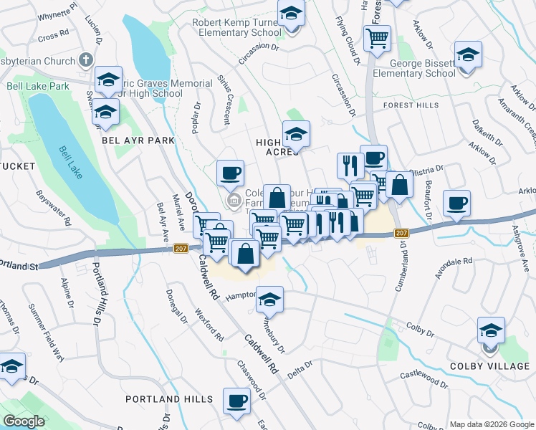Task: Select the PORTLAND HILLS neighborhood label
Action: (168, 398)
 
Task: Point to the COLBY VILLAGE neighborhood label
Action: (490, 366)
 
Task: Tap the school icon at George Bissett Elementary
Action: (468, 55)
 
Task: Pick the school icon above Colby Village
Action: (491, 332)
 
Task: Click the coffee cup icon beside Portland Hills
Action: (236, 401)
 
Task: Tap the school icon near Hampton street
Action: (269, 300)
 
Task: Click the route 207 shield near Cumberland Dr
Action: (401, 233)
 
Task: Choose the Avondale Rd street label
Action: (454, 267)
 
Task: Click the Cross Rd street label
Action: (53, 34)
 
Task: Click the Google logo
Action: (24, 421)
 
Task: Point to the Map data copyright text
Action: (491, 424)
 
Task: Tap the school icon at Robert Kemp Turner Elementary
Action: (292, 14)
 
